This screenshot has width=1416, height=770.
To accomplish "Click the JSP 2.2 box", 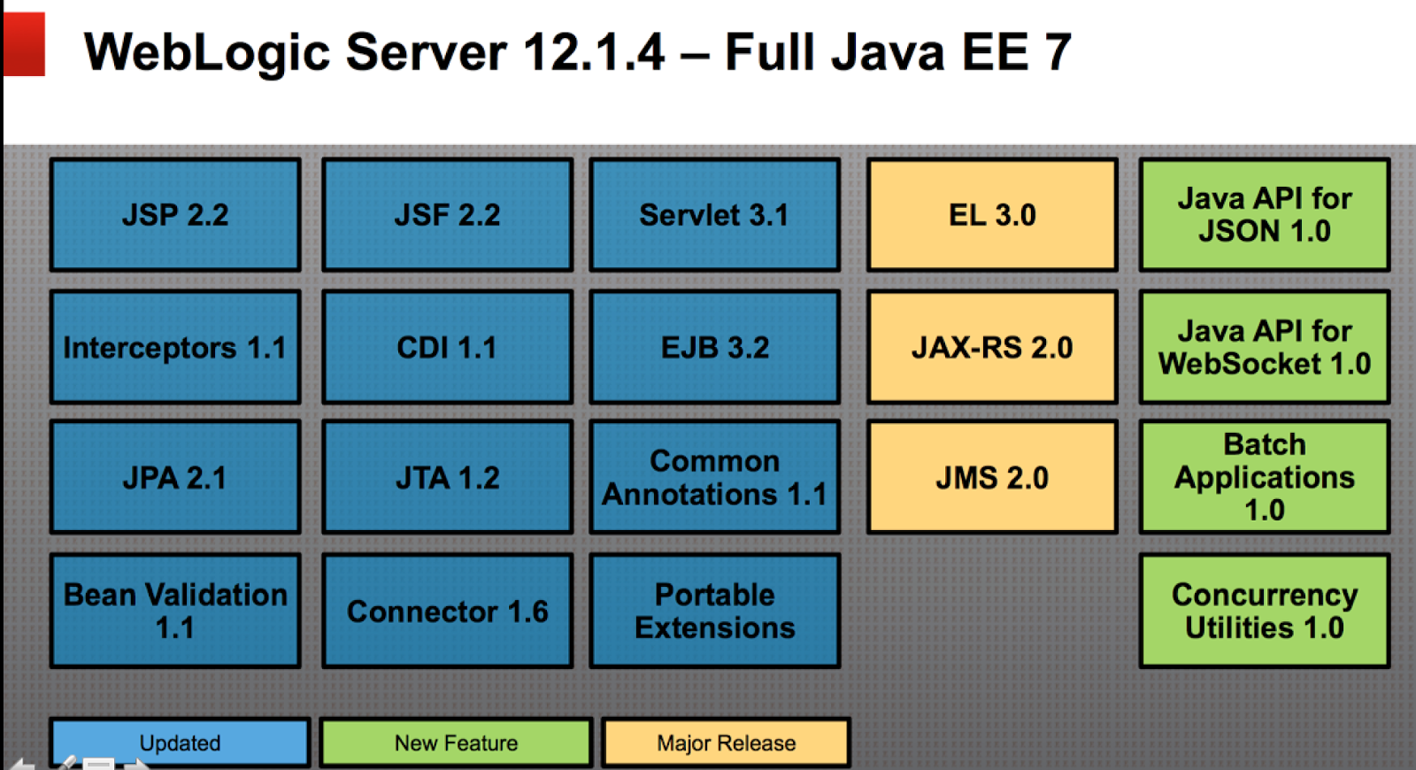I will pos(175,215).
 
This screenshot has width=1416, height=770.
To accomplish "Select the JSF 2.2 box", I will pos(447,215).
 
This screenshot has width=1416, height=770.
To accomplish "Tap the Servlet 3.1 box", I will pos(714,215).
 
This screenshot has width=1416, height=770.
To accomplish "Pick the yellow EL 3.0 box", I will pos(992,215).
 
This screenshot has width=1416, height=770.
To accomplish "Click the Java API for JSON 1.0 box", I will pos(1264,215).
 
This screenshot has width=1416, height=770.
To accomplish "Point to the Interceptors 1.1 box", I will pos(175,347).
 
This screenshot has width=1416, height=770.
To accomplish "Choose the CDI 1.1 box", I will pos(447,347).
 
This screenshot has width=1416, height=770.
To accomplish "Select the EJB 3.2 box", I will pos(714,347).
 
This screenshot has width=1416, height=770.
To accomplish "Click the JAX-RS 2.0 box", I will pos(992,347).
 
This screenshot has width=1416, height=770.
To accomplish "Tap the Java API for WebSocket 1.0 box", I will pos(1264,347).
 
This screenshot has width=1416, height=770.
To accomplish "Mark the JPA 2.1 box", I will pos(175,478).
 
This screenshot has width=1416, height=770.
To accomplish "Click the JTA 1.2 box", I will pos(447,478).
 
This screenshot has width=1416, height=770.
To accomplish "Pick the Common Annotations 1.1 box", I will pos(714,478).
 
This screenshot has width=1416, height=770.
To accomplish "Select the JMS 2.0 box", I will pos(992,478).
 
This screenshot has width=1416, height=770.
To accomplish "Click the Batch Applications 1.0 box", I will pos(1264,478).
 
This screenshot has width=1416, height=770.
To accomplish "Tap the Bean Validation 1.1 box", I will pos(175,611).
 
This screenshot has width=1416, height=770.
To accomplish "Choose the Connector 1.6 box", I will pos(447,611).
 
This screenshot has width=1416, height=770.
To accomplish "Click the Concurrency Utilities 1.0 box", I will pos(1264,611).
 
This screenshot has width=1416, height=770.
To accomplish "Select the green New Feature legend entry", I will pos(456,743).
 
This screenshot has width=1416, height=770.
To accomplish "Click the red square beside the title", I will pos(24,44).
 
